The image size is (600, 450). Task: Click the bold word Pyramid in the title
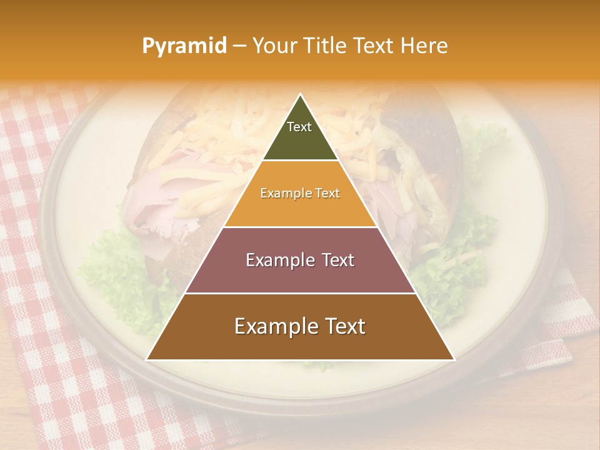tap(184, 46)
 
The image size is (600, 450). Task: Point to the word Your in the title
tap(275, 46)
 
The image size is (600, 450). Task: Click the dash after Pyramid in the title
tap(239, 46)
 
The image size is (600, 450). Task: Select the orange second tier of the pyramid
tap(300, 209)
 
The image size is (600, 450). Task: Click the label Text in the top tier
tap(299, 127)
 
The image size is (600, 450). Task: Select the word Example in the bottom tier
tap(273, 326)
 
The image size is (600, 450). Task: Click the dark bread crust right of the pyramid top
tap(416, 119)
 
